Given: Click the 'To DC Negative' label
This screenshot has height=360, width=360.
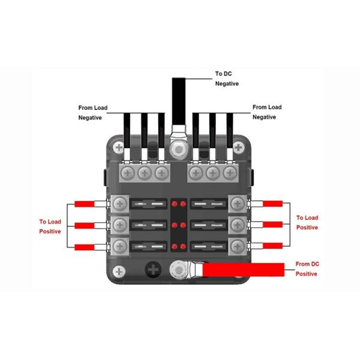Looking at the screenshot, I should click(227, 79).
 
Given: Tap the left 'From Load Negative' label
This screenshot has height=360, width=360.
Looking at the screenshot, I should click(92, 112).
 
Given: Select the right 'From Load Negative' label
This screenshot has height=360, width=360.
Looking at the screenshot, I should click(267, 112).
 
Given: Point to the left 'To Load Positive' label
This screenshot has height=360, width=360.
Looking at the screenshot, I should click(51, 226).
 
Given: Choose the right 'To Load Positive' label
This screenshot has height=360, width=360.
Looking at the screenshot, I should click(308, 223).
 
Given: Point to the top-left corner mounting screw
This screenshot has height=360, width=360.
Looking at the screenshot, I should click(121, 147).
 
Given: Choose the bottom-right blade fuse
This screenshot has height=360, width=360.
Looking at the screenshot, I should click(209, 246).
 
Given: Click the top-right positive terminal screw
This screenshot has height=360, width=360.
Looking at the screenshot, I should click(238, 203).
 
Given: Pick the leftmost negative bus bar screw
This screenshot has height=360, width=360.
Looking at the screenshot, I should click(128, 174).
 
